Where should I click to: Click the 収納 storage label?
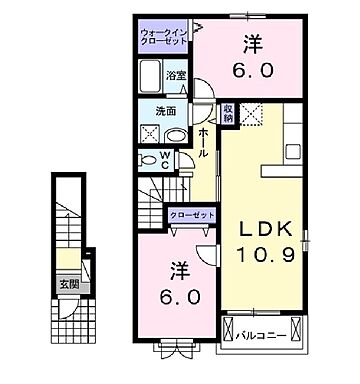pos(229,113)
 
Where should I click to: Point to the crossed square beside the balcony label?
pos(229,328)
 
